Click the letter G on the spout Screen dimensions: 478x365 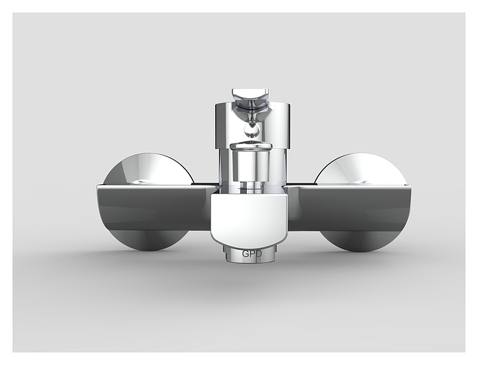pos(245,253)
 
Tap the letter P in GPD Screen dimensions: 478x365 pos(250,253)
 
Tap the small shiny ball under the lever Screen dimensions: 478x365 pos(252,131)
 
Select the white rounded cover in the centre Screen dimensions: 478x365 pos(250,217)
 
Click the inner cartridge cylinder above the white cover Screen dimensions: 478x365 pos(250,165)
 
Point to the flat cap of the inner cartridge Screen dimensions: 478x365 pos(250,146)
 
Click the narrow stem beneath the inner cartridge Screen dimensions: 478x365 pos(250,186)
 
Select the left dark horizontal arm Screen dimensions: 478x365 pos(157,207)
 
